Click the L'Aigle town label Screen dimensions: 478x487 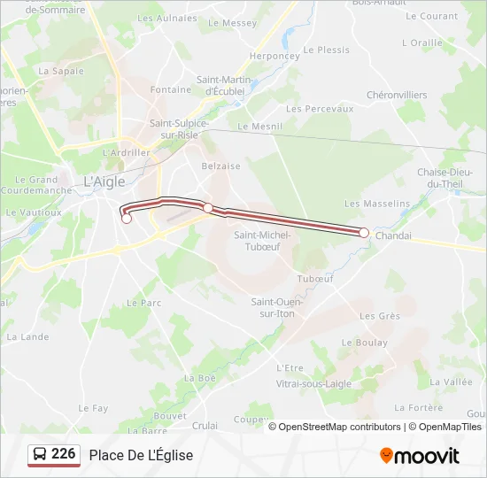(104, 181)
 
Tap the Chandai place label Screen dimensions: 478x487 (394, 236)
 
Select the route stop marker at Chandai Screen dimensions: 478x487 (364, 232)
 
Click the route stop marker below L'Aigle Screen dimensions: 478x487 (127, 219)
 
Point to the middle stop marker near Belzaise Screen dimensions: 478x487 (208, 207)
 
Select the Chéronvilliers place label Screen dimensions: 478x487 (397, 95)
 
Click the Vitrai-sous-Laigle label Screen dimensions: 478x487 (313, 384)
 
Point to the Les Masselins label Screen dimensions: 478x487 (377, 204)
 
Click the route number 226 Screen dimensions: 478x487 (63, 454)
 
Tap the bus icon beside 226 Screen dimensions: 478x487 (40, 455)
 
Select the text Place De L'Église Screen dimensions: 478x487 (141, 455)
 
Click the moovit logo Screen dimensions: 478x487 (420, 456)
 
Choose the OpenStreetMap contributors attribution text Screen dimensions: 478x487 (339, 427)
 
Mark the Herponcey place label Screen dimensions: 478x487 (274, 56)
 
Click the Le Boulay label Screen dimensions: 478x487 (365, 343)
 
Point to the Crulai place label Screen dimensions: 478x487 (205, 425)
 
